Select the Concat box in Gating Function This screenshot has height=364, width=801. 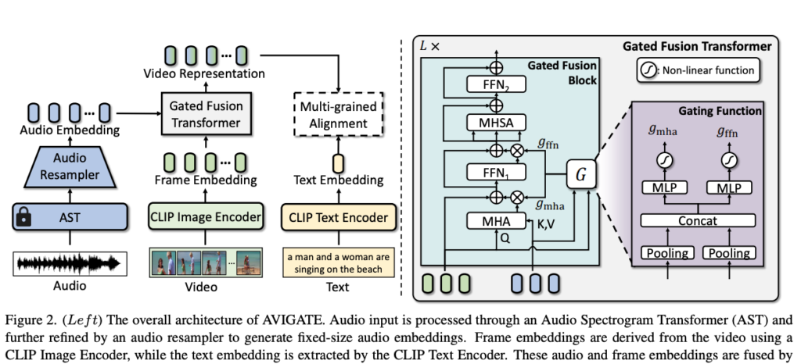pyautogui.click(x=697, y=221)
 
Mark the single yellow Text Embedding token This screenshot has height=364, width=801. pyautogui.click(x=339, y=162)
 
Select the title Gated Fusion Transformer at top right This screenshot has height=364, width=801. pyautogui.click(x=696, y=47)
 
